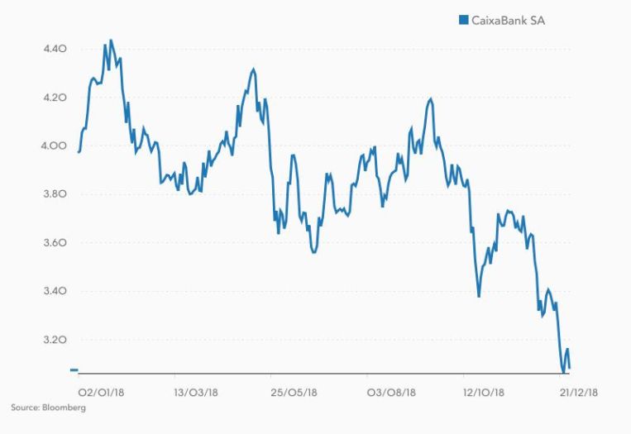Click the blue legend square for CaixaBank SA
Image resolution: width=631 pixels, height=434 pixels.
point(463,20)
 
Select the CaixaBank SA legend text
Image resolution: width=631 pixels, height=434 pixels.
point(509,20)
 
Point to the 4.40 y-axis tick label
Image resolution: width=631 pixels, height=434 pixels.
point(54,49)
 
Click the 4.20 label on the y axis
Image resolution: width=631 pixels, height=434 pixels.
point(54,98)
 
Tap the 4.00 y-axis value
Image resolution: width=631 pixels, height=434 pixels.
point(54,146)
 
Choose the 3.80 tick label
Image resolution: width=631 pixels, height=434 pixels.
point(54,194)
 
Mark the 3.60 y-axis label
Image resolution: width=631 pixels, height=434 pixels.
point(54,243)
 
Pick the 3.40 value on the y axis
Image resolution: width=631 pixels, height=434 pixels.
point(54,292)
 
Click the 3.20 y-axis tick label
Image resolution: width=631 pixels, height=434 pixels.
point(54,340)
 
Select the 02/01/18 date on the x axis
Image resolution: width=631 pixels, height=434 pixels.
point(101,393)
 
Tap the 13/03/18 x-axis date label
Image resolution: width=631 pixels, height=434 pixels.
point(196,393)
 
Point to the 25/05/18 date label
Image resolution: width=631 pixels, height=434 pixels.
point(294,393)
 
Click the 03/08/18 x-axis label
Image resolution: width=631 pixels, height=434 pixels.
point(391,393)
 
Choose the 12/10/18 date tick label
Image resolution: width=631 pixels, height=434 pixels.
point(484,393)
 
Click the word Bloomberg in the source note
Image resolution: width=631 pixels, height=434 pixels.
point(67,408)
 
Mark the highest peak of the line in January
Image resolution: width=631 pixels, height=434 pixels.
point(111,40)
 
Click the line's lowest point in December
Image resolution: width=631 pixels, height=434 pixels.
point(563,372)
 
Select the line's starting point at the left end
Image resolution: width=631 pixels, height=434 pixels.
point(79,152)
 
